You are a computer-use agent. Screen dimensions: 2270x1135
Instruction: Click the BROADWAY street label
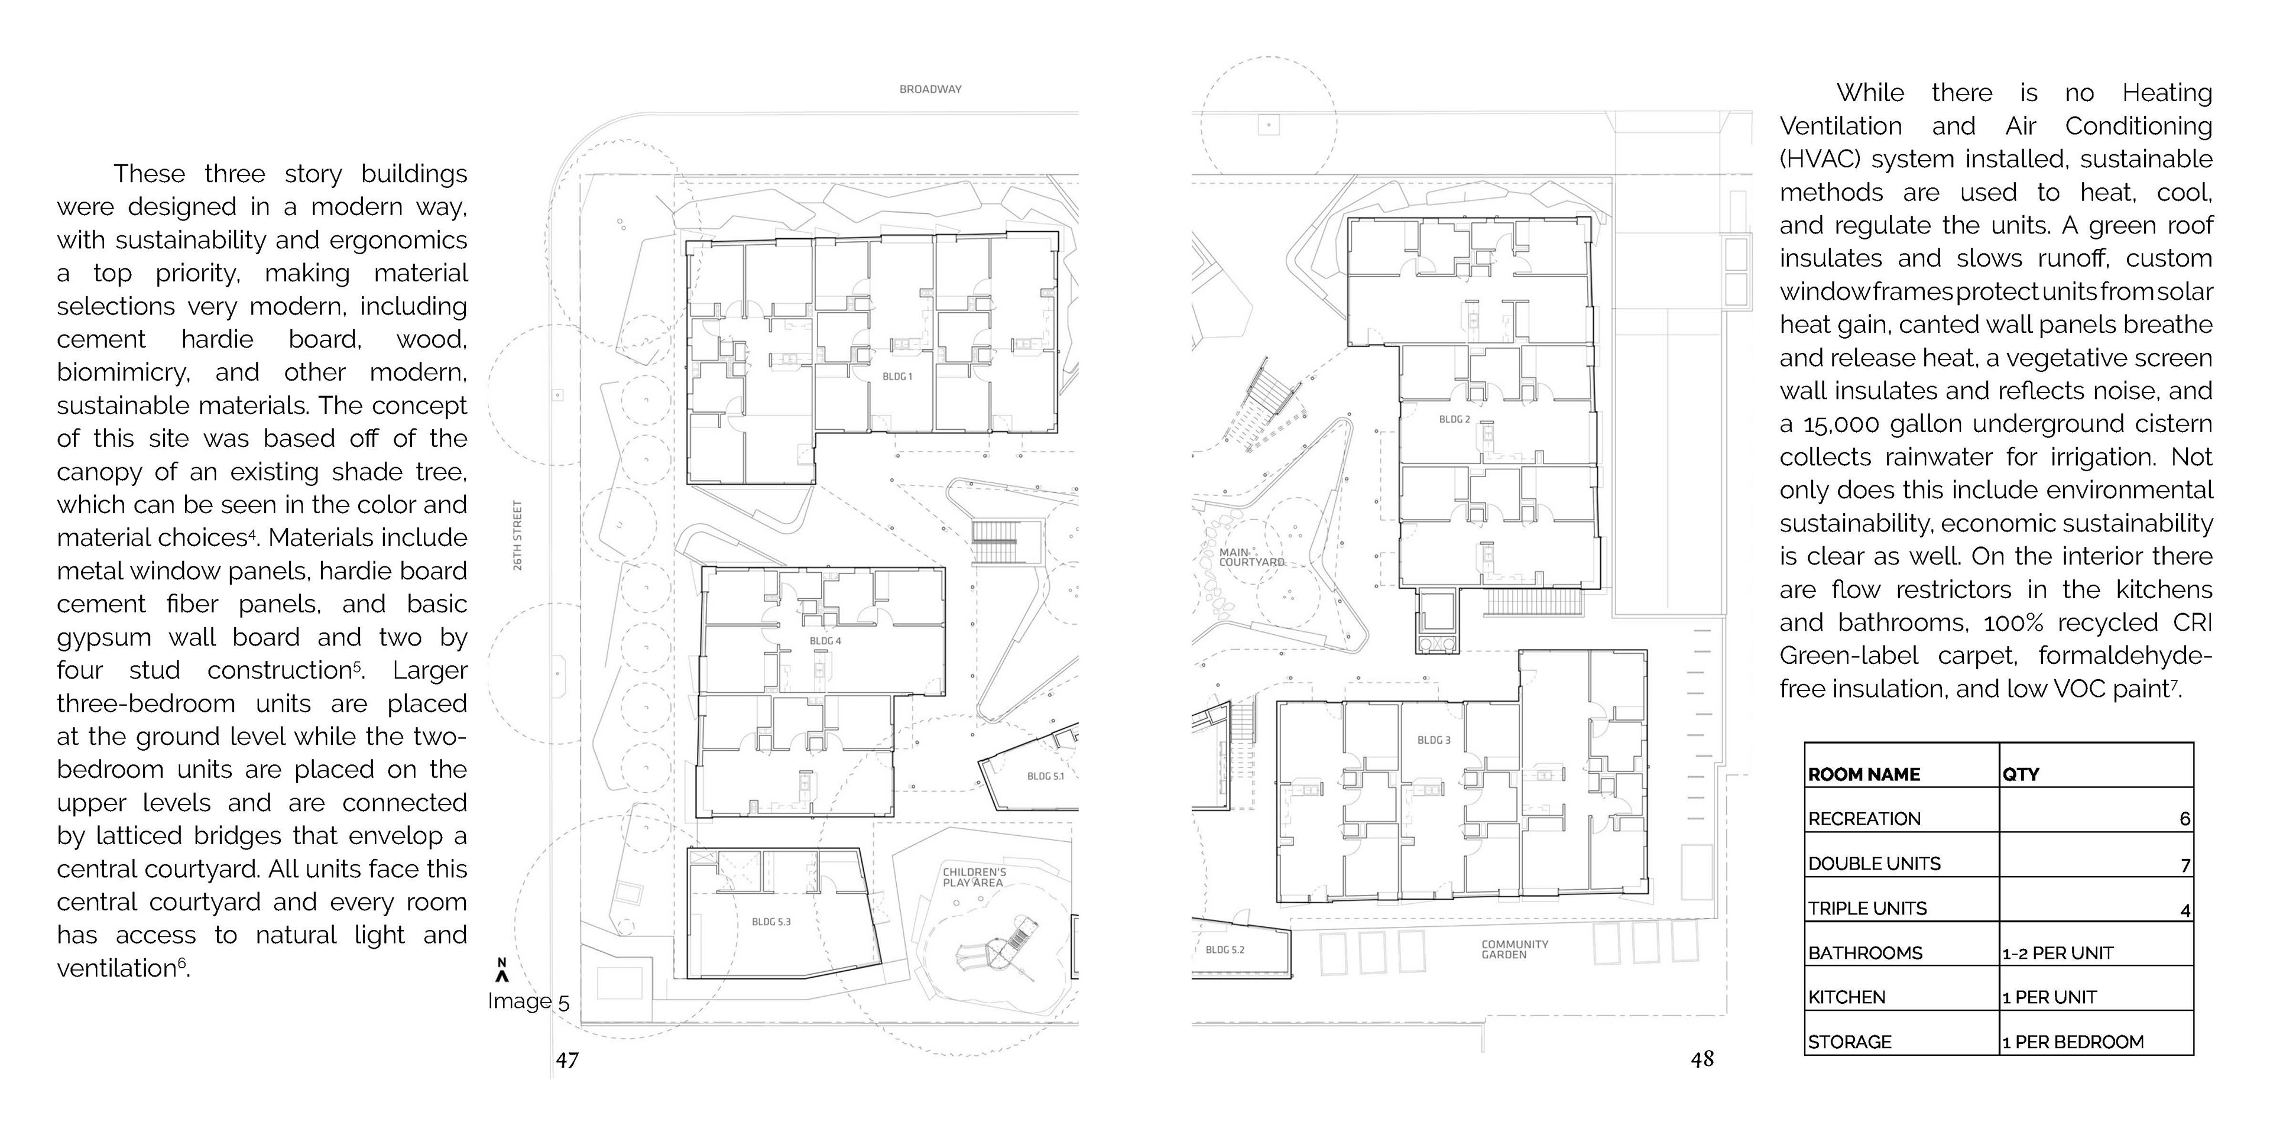(x=930, y=89)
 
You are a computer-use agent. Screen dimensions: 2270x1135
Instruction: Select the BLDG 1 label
(x=897, y=377)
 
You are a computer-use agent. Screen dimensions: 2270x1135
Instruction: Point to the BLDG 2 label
(x=1454, y=420)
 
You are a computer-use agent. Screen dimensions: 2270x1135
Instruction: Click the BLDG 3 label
(x=1434, y=740)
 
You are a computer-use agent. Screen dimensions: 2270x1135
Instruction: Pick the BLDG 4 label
(x=825, y=641)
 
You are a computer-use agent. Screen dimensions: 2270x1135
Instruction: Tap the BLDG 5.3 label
(x=771, y=922)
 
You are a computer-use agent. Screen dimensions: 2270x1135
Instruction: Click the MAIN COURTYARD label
(x=1250, y=557)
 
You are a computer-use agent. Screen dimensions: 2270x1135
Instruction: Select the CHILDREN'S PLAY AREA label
(x=974, y=877)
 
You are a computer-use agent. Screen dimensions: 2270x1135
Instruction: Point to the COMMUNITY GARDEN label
(x=1514, y=949)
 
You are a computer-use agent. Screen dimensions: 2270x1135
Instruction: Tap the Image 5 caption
(x=528, y=1002)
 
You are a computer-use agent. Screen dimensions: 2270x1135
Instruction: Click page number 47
(x=567, y=1059)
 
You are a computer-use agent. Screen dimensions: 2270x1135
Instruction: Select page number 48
(x=1702, y=1059)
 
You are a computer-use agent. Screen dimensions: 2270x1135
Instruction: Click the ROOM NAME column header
(x=1864, y=774)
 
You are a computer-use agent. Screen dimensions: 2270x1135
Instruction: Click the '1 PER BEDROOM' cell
(x=2073, y=1042)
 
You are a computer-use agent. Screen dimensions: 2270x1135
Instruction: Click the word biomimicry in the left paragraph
(x=122, y=373)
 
